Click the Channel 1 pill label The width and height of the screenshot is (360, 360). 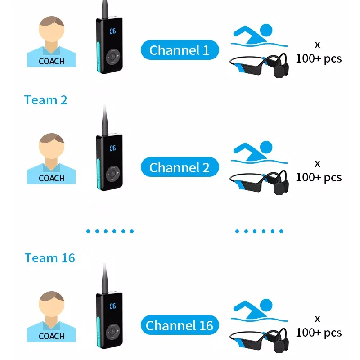click(180, 50)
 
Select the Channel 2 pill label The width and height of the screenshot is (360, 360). click(180, 168)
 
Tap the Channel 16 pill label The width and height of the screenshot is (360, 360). click(180, 325)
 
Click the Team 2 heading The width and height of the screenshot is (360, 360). click(45, 100)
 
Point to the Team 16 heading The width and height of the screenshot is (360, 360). click(49, 258)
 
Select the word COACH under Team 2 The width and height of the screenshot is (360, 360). click(52, 178)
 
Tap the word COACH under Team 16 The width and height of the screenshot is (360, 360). click(52, 336)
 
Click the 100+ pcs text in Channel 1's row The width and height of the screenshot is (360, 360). click(319, 58)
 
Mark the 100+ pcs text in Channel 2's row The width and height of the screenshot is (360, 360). click(319, 177)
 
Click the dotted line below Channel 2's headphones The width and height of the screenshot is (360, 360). click(259, 231)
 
